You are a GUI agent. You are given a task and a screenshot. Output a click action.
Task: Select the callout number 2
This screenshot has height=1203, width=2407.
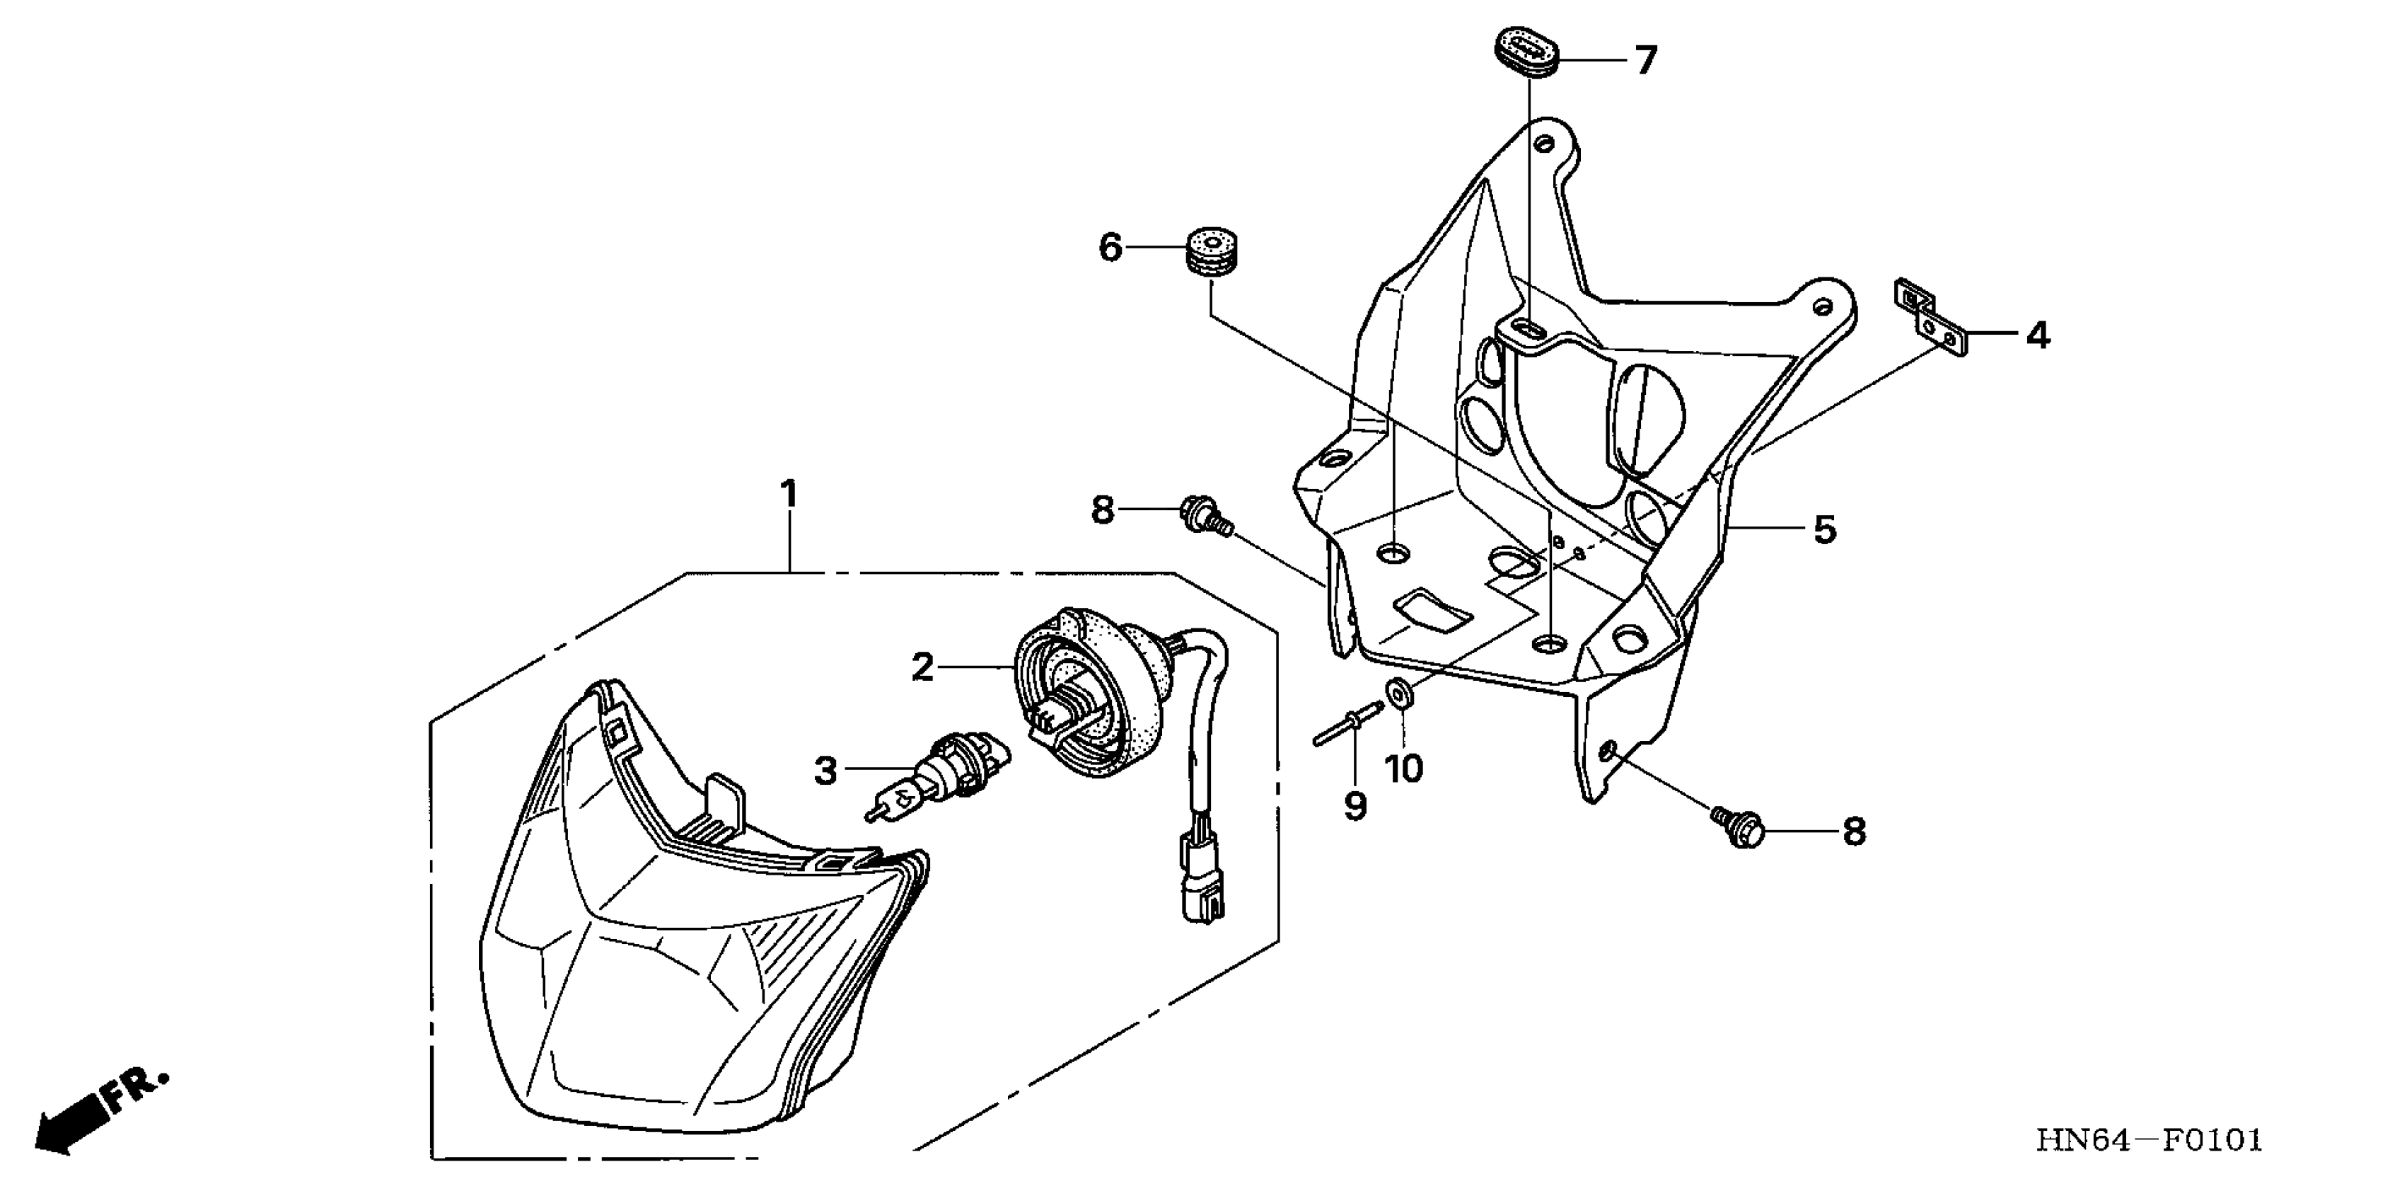pos(922,667)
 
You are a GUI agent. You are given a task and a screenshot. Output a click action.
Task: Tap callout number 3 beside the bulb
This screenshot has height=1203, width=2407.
pos(825,772)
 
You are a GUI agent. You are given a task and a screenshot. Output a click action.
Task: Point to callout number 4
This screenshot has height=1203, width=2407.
pos(2038,335)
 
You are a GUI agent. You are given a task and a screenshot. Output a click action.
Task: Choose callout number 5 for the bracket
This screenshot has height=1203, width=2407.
pos(1824,530)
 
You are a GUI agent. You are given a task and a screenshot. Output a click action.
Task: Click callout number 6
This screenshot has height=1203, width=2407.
pos(1109,248)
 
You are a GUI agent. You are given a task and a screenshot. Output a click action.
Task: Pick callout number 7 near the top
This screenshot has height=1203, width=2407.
pos(1645,62)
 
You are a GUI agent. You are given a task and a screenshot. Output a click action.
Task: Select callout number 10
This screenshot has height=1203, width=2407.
pos(1403,769)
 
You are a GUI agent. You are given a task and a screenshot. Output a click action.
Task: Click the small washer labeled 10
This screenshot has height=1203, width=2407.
pos(1398,694)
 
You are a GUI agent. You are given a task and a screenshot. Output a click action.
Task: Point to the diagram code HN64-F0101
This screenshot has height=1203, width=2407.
pos(2149,1140)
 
